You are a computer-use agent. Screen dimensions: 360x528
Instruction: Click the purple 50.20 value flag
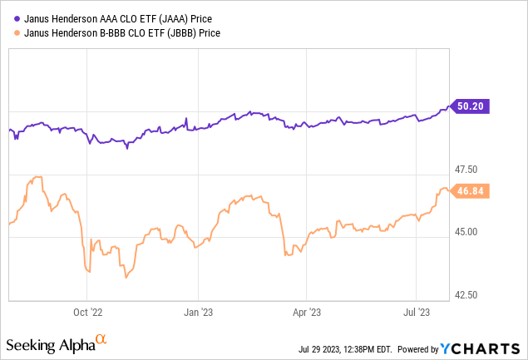[x=473, y=106]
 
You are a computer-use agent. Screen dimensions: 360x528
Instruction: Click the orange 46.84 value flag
[x=473, y=190]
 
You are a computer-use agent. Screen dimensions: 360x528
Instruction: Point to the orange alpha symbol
[x=101, y=340]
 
